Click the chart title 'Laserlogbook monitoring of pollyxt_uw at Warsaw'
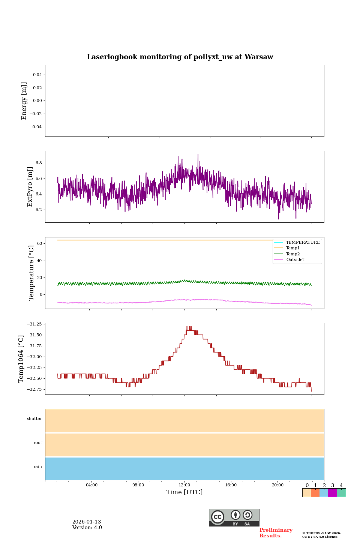[180, 57]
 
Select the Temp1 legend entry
[293, 248]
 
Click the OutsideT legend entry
[295, 260]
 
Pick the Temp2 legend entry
[293, 254]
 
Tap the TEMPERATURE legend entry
[303, 243]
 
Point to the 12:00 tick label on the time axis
[184, 485]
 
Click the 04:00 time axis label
[91, 485]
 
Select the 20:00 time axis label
[277, 485]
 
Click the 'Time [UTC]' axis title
[184, 492]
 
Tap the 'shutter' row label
[34, 419]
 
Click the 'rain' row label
[38, 467]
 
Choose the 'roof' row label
[38, 443]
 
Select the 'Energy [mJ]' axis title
[24, 101]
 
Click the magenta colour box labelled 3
[332, 493]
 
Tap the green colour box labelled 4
[341, 493]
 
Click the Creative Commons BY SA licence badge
[234, 517]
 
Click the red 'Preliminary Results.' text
[276, 533]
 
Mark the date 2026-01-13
[87, 522]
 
